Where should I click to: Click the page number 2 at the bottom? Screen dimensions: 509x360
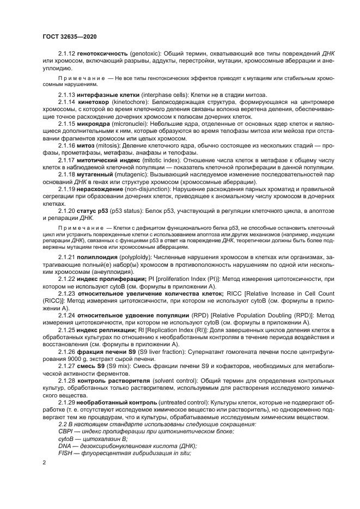(43, 463)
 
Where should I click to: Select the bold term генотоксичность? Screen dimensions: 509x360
(103, 53)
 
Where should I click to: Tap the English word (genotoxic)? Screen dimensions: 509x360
(147, 53)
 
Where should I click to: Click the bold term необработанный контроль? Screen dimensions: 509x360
(115, 401)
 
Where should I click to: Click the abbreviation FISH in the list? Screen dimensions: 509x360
(65, 453)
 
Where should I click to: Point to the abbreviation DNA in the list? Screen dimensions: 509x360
(65, 446)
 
